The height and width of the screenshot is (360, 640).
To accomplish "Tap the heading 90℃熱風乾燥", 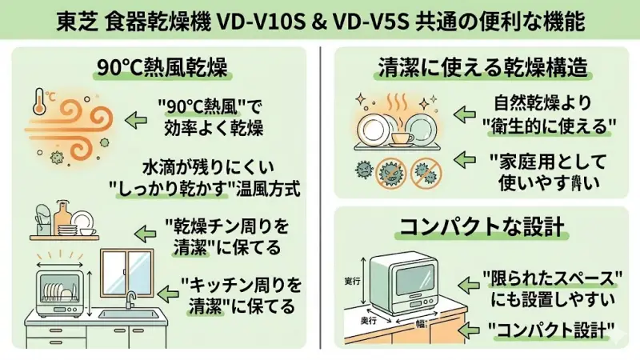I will pos(160,67).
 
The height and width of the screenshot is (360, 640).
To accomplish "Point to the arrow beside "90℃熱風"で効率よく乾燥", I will pos(137,119).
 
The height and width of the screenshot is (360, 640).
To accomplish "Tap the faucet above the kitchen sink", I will pos(130,300).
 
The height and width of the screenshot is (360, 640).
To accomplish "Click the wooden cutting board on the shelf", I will pos(64,214).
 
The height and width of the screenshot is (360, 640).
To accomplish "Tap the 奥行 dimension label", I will pos(374,318).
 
